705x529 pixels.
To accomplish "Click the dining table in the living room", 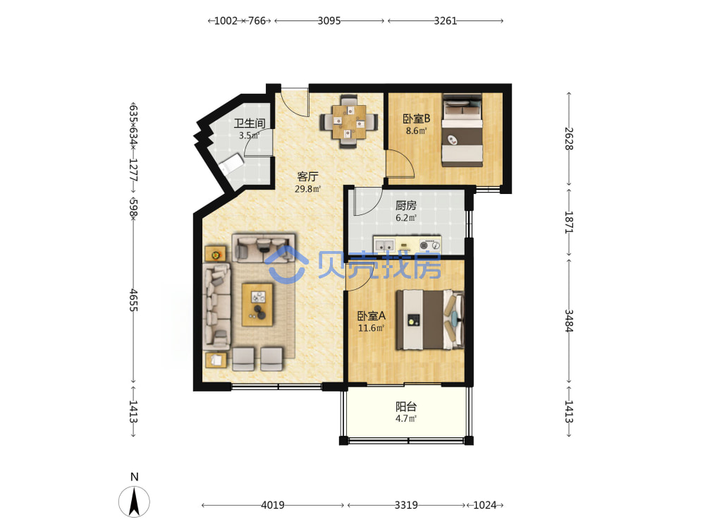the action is tap(348, 121).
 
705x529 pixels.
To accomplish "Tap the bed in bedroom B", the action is tap(462, 130).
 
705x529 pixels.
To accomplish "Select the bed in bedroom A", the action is tap(429, 320).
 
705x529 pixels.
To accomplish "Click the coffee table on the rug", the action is tap(257, 305).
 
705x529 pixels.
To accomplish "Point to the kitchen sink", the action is tap(384, 245).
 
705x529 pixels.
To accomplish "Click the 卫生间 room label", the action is tap(250, 123).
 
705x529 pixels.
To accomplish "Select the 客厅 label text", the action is tap(307, 177).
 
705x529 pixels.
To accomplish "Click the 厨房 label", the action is tap(406, 205).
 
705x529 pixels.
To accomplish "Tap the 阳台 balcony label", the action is tap(406, 407).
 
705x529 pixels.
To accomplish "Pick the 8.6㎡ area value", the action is tap(417, 131).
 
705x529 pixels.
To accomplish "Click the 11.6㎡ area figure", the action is tap(372, 328).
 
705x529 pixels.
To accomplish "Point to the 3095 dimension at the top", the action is tap(329, 20).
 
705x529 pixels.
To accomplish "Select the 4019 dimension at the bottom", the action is tap(272, 505).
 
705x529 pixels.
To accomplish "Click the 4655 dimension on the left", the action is tap(133, 300).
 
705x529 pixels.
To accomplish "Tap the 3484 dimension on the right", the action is tap(569, 321).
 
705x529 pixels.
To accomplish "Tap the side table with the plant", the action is tap(215, 255).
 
